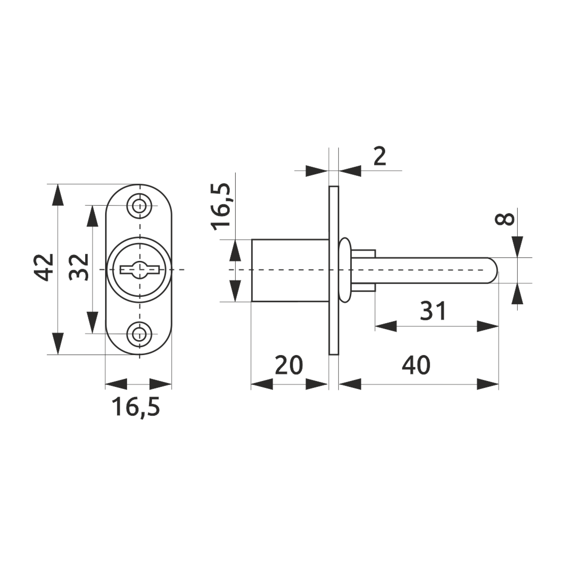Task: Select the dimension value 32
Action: tap(79, 267)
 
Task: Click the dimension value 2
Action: tap(380, 157)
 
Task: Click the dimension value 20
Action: tap(289, 365)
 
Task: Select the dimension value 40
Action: tap(416, 365)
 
